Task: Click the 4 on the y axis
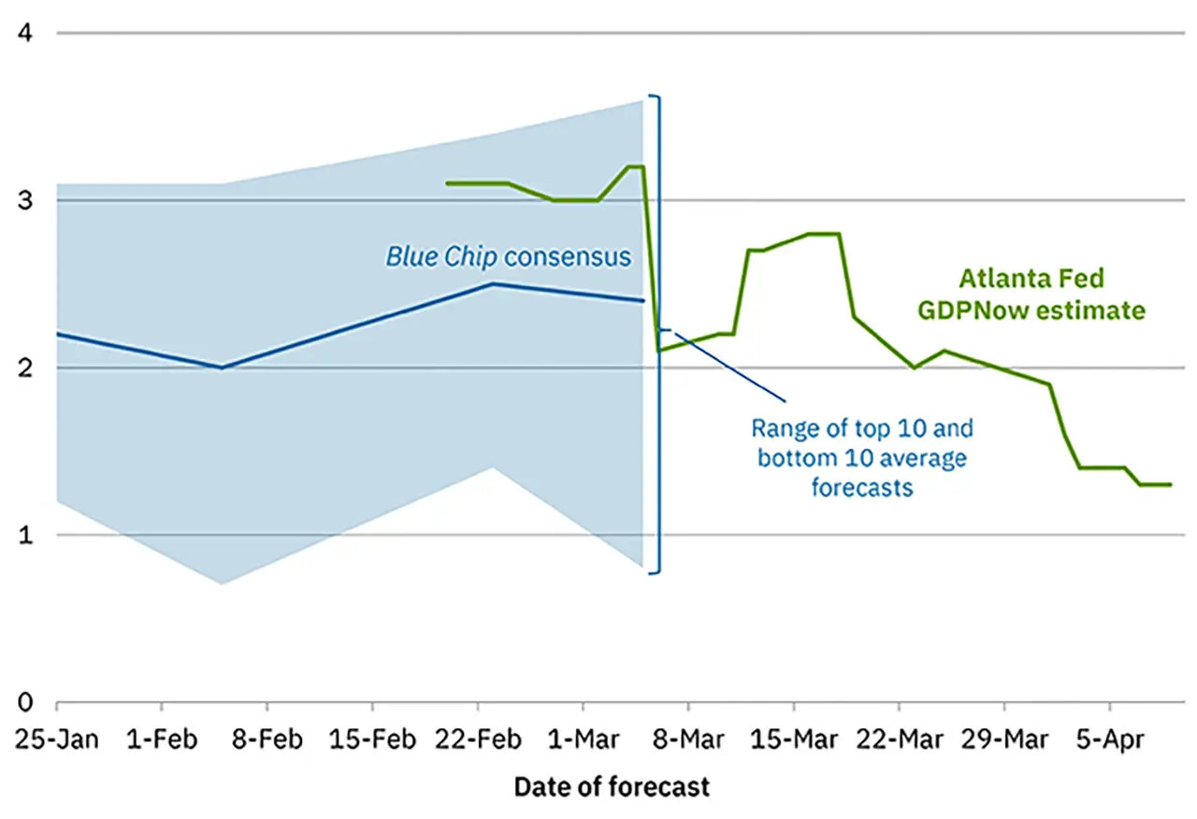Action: (x=25, y=34)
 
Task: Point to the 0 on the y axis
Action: (x=25, y=702)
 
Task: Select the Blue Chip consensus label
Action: (x=509, y=256)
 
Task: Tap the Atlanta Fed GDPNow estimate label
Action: (x=1031, y=294)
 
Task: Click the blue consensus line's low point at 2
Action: (x=222, y=367)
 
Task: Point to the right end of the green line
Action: (x=1170, y=484)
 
